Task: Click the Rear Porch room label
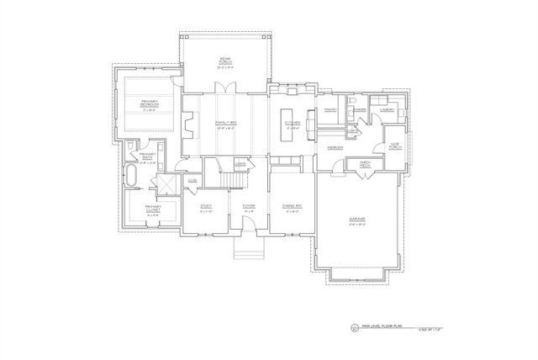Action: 224,60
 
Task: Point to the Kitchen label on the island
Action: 292,123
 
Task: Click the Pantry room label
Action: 330,109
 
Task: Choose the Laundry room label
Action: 388,109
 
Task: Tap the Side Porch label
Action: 394,146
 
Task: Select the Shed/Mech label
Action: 365,164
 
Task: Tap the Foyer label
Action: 249,206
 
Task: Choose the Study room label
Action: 206,206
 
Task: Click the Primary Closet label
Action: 152,209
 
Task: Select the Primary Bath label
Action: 148,156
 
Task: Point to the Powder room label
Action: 358,109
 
